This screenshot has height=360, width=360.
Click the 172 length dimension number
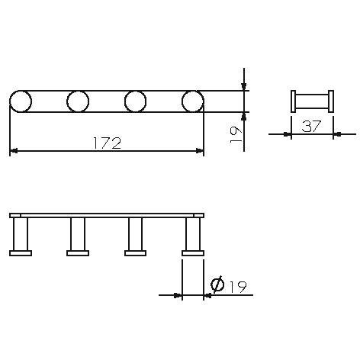106,143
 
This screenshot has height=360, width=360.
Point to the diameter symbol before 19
217,285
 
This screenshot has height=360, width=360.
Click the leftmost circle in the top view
21,101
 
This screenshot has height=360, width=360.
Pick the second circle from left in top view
78,101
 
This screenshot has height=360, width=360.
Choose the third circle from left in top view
135,101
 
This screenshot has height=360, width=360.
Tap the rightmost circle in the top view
192,101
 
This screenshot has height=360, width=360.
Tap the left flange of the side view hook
294,101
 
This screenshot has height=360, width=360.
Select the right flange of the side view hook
332,101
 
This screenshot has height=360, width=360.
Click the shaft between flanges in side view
313,101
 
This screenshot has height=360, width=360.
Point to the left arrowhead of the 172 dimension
14,151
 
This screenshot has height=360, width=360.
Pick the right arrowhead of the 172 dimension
199,151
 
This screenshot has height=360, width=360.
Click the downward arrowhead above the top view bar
243,86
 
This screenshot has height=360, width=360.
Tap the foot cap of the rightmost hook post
192,252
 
